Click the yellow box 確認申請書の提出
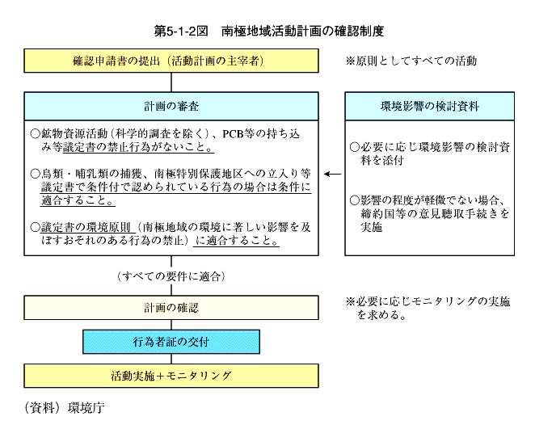pos(171,61)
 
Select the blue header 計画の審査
pos(171,106)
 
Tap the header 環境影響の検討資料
pos(430,106)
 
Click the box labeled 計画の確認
pos(171,308)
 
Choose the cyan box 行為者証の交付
pos(171,342)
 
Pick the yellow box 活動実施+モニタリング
pos(171,376)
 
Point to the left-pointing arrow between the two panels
pos(333,174)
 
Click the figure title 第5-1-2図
pos(181,31)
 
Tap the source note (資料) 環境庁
pos(65,408)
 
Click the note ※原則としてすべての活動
pos(411,61)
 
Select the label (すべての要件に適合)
pos(171,276)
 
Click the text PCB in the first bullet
pos(233,134)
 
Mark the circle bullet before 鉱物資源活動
pos(35,134)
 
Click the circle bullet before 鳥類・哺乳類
pos(35,174)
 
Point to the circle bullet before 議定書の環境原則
pos(35,227)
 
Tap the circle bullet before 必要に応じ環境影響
pos(355,147)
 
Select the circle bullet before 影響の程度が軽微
pos(355,200)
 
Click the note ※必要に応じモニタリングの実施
pos(428,308)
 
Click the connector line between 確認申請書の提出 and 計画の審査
pos(171,82)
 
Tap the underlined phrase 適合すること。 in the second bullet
pos(78,200)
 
